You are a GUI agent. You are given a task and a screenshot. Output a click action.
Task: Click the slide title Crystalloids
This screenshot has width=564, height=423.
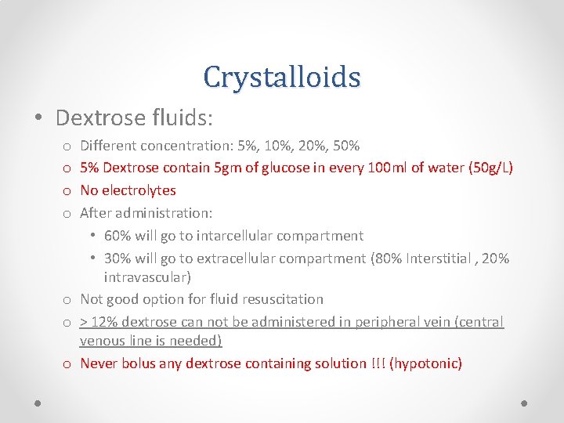tap(281, 77)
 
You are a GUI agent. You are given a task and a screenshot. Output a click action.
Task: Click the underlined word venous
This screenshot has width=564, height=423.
tap(101, 341)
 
